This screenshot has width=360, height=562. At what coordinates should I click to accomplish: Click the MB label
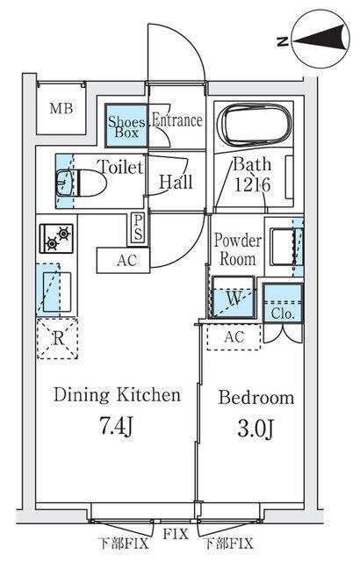[61, 108]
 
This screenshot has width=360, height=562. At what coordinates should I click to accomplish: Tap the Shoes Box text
[126, 126]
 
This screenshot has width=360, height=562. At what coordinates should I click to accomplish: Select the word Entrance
[177, 120]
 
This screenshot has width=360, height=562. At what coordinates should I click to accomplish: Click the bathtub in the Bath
[255, 126]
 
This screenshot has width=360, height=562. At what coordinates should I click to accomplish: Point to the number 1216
[252, 185]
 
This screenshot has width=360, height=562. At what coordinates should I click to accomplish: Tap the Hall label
[176, 182]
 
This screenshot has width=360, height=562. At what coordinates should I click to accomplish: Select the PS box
[138, 228]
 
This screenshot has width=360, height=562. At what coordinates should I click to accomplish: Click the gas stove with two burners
[56, 238]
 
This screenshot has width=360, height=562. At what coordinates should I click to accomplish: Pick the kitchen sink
[57, 292]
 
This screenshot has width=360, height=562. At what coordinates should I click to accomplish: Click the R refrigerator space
[57, 338]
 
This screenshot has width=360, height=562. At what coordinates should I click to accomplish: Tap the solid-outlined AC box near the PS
[123, 260]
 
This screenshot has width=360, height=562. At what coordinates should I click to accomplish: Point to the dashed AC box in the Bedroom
[234, 337]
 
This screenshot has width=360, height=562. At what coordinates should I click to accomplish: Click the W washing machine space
[234, 297]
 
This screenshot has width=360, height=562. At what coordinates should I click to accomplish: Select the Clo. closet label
[283, 314]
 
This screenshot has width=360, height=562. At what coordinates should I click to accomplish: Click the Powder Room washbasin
[284, 247]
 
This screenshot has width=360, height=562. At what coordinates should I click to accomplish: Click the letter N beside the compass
[283, 42]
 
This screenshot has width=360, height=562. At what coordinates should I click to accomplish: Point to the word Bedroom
[256, 398]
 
